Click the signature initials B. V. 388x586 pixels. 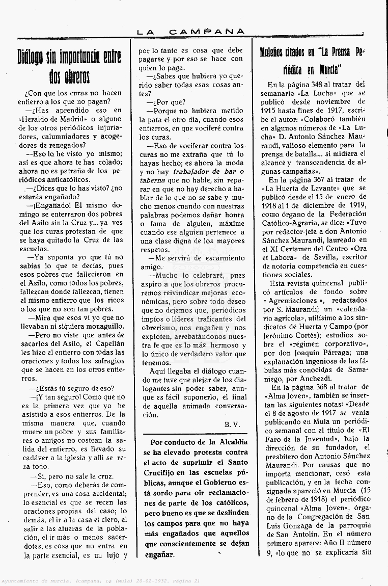pos(232,424)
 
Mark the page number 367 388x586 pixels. pos(320,179)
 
